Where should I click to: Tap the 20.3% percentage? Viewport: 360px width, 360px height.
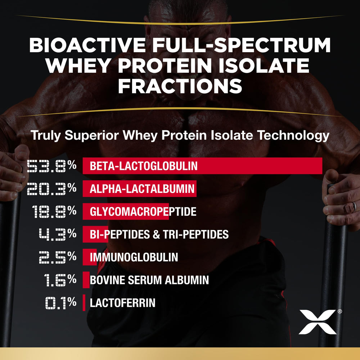(52, 188)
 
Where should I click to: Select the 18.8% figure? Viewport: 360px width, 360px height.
(54, 211)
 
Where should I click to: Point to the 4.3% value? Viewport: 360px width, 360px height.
(58, 234)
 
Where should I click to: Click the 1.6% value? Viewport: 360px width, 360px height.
(59, 280)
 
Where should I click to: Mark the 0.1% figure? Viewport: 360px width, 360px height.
(60, 303)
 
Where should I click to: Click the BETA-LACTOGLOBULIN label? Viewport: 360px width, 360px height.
(144, 166)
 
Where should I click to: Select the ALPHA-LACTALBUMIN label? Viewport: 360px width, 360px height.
(142, 189)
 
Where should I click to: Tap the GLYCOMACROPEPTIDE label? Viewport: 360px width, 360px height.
(143, 211)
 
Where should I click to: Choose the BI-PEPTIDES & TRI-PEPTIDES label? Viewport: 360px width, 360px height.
(159, 234)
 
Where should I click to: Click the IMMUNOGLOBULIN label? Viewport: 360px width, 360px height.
(134, 257)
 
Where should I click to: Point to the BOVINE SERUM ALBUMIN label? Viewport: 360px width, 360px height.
(149, 280)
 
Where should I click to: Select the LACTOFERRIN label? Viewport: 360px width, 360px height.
(122, 303)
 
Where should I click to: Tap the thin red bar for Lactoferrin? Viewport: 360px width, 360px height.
(84, 303)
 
